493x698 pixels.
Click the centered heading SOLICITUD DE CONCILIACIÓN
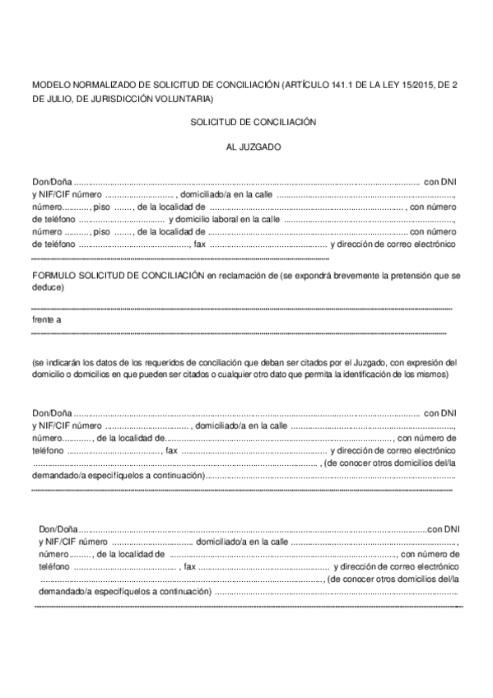point(253,121)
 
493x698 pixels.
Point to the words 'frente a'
point(46,319)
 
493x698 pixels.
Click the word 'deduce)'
point(49,288)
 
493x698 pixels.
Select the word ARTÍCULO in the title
point(306,84)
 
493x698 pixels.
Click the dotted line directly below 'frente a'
point(239,333)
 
